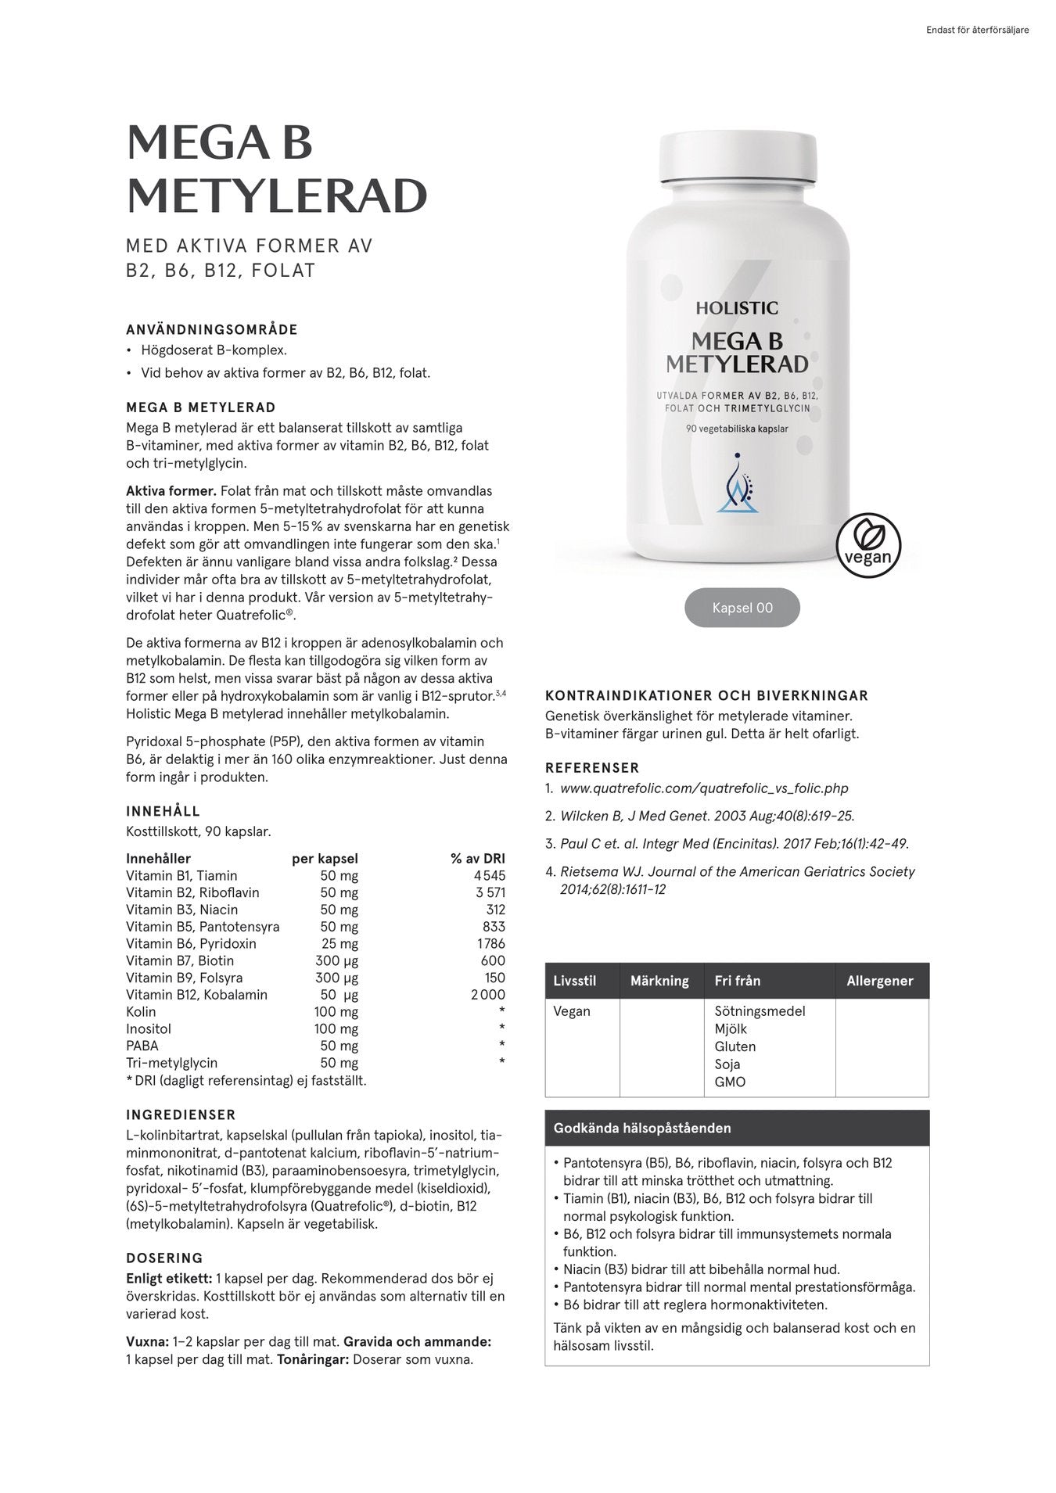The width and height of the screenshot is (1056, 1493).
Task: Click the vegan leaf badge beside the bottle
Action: pyautogui.click(x=868, y=545)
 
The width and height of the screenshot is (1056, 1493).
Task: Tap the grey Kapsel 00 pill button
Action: pyautogui.click(x=742, y=608)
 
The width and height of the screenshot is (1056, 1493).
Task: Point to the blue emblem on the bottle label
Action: pyautogui.click(x=738, y=484)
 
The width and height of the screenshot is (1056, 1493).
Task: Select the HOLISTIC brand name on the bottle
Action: pyautogui.click(x=737, y=308)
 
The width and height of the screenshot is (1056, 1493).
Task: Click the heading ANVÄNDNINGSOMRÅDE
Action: pyautogui.click(x=212, y=330)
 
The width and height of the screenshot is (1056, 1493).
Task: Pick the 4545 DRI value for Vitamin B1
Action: pyautogui.click(x=489, y=876)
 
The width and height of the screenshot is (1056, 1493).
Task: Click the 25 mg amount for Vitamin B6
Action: pyautogui.click(x=339, y=944)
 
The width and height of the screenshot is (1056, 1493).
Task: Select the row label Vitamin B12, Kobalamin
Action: pyautogui.click(x=196, y=995)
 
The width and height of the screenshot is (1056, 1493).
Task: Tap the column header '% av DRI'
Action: pyautogui.click(x=477, y=859)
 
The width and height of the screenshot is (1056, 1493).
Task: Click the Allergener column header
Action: pyautogui.click(x=879, y=981)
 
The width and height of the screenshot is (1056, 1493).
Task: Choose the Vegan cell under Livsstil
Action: pyautogui.click(x=572, y=1011)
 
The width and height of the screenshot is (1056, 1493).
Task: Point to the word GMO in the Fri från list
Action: pyautogui.click(x=730, y=1082)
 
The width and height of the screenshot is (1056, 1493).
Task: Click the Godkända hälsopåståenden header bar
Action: pyautogui.click(x=736, y=1129)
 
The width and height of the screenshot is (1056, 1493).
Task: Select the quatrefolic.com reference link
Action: pyautogui.click(x=703, y=788)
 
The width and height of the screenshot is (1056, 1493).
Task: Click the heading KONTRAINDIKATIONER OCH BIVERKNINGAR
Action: pyautogui.click(x=706, y=695)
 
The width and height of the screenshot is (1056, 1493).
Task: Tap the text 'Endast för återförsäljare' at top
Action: pyautogui.click(x=977, y=31)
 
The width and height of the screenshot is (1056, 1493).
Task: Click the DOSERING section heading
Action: pyautogui.click(x=164, y=1258)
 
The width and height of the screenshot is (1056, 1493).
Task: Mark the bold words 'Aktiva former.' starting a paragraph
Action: pyautogui.click(x=171, y=491)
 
